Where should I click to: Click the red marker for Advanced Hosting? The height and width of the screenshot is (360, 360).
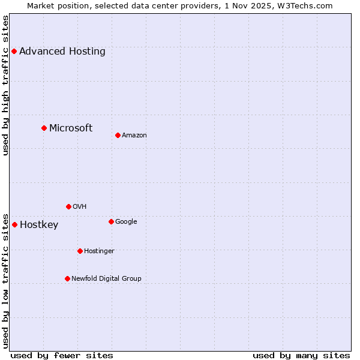click(14, 52)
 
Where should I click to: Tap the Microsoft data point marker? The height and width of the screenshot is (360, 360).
click(44, 128)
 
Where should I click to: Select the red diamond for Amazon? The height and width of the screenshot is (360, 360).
click(118, 135)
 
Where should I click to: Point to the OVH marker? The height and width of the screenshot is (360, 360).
click(68, 206)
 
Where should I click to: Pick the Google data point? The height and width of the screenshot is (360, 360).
click(111, 221)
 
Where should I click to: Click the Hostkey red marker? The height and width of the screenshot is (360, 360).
click(14, 224)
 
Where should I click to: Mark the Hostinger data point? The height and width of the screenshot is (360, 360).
click(80, 251)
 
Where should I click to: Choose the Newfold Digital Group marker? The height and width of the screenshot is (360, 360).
click(67, 278)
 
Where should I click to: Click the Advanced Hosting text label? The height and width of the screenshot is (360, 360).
click(62, 52)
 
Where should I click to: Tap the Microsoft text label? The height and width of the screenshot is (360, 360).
click(71, 128)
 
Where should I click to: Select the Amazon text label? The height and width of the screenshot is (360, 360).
click(134, 136)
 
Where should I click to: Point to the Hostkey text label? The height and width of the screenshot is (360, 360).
click(39, 225)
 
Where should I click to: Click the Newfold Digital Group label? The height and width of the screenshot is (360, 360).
click(107, 278)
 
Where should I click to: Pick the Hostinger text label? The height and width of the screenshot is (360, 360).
click(100, 251)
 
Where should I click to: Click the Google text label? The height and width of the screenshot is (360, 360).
click(126, 221)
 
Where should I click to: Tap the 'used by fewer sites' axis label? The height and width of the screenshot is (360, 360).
click(62, 355)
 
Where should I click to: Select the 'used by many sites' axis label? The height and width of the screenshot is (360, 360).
click(301, 355)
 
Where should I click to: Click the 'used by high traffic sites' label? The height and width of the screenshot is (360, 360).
click(6, 85)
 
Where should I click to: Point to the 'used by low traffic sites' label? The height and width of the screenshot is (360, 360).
click(6, 280)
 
